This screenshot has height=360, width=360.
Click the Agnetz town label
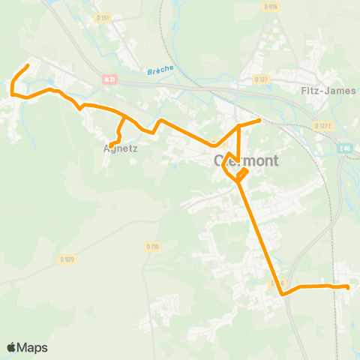pos(115,149)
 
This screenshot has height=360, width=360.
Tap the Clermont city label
pos(246,160)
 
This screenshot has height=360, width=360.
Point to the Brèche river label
pos(160,68)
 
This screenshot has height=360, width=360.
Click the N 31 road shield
pos(109,79)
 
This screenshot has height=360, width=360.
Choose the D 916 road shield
pos(271,7)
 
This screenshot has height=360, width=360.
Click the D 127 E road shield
pos(323,126)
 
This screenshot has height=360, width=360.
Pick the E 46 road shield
pos(344,148)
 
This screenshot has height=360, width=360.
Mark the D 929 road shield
pos(68,259)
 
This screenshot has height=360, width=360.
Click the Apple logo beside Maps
pos(12,347)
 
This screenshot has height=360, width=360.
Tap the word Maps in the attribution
pos(32,347)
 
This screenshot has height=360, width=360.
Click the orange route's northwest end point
pos(28,66)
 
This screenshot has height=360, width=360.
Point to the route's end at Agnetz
pos(110,145)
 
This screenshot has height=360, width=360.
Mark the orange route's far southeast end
pos(349,286)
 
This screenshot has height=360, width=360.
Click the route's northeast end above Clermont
pos(259,120)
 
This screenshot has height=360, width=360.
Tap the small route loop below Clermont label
pos(241,174)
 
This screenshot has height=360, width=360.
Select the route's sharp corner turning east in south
pos(283,295)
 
